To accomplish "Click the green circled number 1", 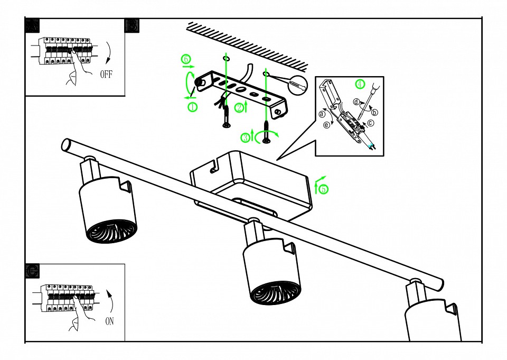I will tap(192, 107).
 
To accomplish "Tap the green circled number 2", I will tap(239, 108).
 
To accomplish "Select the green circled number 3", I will tap(246, 138).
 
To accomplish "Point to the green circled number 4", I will tap(360, 84).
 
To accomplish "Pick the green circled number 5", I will tap(323, 188).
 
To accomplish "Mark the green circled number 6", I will tap(186, 59).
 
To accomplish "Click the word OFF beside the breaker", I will tap(106, 74).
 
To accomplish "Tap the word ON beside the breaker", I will tap(109, 320).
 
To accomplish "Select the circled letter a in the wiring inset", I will tap(322, 114).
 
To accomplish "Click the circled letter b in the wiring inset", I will tap(374, 112).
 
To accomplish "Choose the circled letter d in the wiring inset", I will tap(356, 101).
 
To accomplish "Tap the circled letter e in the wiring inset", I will tap(326, 125).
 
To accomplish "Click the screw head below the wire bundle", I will tap(226, 125).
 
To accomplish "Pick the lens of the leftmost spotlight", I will tap(111, 232).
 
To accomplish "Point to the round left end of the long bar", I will tap(67, 144).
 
